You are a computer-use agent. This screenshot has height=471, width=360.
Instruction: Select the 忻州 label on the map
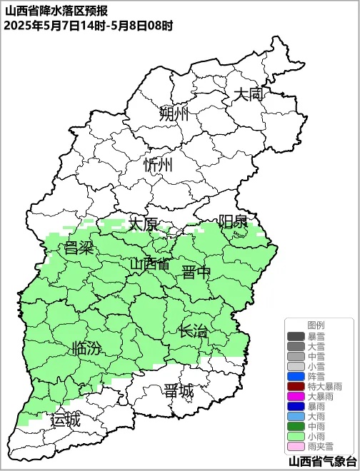click(158, 165)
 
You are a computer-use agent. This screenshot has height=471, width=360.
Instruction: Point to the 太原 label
click(143, 223)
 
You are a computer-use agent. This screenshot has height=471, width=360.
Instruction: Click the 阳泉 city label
click(233, 221)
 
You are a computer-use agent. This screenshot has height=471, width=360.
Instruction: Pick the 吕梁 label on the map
click(79, 248)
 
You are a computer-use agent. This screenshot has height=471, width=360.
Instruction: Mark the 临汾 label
click(86, 349)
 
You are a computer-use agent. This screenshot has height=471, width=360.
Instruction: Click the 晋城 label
click(178, 391)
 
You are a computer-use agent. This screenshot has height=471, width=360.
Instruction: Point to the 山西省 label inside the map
click(150, 264)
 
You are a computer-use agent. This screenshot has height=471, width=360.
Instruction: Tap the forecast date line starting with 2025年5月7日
click(88, 26)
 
